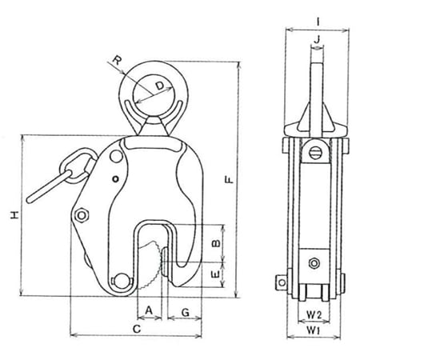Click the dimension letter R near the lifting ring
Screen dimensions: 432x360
click(117, 60)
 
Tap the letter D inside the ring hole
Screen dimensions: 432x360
click(160, 86)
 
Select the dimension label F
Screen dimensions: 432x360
click(230, 180)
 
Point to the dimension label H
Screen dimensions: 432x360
click(14, 215)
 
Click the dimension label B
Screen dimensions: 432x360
click(216, 243)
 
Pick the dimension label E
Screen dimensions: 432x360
click(216, 274)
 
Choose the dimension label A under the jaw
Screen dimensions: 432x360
click(149, 310)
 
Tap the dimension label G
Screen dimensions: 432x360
click(186, 312)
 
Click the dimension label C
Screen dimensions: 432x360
click(137, 329)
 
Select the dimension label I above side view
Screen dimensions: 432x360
click(318, 22)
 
